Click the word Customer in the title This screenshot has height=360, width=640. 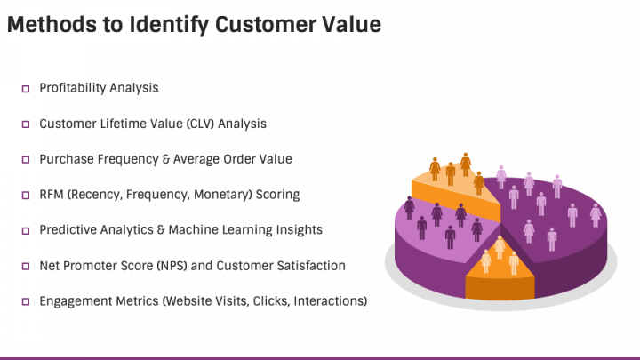click(x=266, y=24)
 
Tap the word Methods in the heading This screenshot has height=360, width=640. click(x=52, y=24)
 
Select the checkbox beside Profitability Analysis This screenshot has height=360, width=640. click(x=26, y=89)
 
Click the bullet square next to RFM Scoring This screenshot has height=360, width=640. click(x=26, y=195)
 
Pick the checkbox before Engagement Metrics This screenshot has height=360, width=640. click(x=26, y=301)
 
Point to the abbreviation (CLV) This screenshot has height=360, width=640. click(x=200, y=124)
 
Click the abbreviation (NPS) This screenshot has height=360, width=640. click(x=172, y=266)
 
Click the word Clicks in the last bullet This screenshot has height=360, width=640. click(x=270, y=301)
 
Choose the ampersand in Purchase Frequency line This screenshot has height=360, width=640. click(x=165, y=159)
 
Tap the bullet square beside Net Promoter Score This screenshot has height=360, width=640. click(x=26, y=266)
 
